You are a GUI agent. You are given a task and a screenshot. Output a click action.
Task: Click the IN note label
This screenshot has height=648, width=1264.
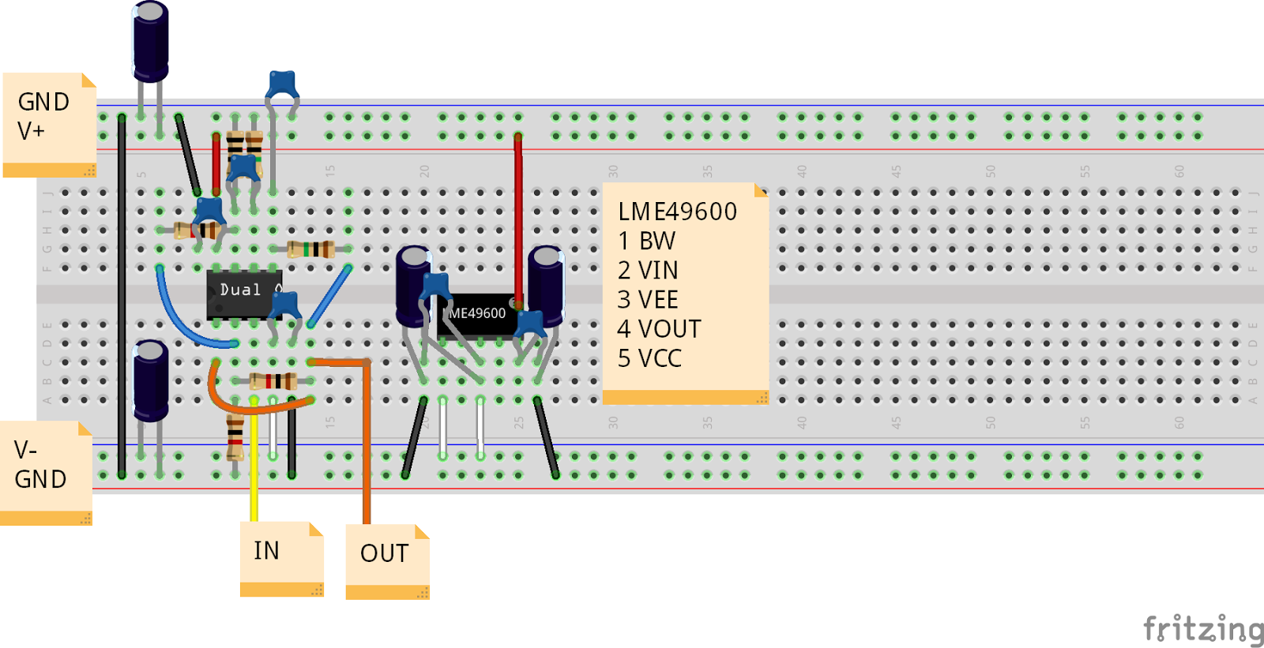(x=267, y=550)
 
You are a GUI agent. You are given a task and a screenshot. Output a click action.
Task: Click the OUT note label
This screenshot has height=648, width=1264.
(x=385, y=553)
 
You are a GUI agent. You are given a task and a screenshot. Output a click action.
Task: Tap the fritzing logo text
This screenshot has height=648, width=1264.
(x=1202, y=629)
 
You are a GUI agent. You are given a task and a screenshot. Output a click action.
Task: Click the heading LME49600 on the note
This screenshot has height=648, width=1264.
(x=677, y=212)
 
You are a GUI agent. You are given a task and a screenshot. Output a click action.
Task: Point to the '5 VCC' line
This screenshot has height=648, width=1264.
(x=649, y=358)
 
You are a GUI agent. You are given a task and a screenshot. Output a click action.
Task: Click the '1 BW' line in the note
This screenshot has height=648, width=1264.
(x=646, y=241)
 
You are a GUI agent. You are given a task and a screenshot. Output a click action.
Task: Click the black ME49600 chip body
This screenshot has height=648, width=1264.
(x=476, y=316)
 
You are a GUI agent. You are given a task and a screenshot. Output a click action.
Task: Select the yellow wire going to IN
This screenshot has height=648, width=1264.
(x=254, y=466)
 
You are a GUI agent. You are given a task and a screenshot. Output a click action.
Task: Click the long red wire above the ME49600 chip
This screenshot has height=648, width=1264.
(x=518, y=213)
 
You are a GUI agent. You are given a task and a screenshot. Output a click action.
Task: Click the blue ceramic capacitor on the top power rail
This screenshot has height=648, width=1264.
(x=282, y=84)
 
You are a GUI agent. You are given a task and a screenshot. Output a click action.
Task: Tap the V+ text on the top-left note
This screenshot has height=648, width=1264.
(x=31, y=131)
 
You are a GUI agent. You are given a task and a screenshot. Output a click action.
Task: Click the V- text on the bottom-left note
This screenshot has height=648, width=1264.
(x=25, y=450)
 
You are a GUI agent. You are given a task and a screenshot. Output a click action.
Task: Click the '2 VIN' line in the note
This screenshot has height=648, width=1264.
(x=648, y=271)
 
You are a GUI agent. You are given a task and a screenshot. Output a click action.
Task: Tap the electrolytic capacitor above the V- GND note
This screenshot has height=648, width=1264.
(x=150, y=379)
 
